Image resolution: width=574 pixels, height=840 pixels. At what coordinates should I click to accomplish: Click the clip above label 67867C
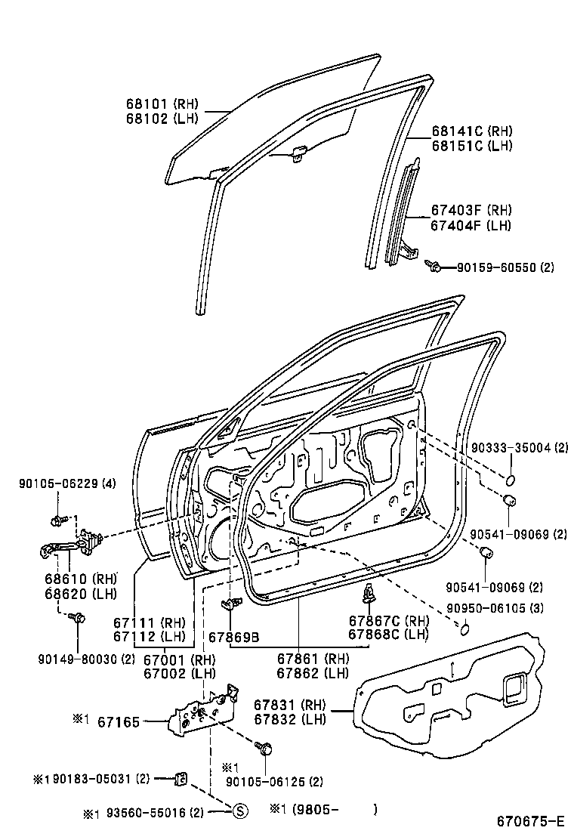click(369, 594)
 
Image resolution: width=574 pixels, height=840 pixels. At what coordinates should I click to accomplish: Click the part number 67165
click(119, 723)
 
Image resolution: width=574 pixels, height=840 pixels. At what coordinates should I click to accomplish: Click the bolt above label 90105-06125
click(265, 748)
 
